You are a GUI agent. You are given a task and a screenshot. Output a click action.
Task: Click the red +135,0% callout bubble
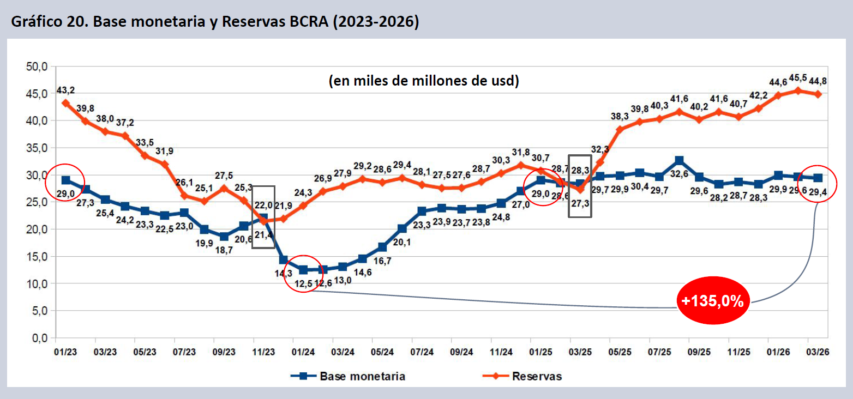coord(714,300)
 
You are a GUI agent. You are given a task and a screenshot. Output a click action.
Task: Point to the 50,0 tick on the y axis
coord(38,66)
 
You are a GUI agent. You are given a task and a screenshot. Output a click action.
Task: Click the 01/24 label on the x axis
coord(303,352)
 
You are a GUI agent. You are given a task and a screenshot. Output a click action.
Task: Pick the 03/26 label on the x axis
coord(818,352)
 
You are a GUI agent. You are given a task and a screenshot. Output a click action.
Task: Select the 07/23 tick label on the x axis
coord(184,352)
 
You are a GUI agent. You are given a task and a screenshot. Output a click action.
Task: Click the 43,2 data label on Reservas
coord(65,89)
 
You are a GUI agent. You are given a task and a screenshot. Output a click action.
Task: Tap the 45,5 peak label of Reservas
coord(798,78)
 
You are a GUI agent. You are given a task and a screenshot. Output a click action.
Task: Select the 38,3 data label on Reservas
coord(620,116)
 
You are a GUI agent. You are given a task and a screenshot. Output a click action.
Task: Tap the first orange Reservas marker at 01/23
coord(65,102)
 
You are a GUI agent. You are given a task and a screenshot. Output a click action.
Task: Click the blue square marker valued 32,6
coord(679,160)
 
